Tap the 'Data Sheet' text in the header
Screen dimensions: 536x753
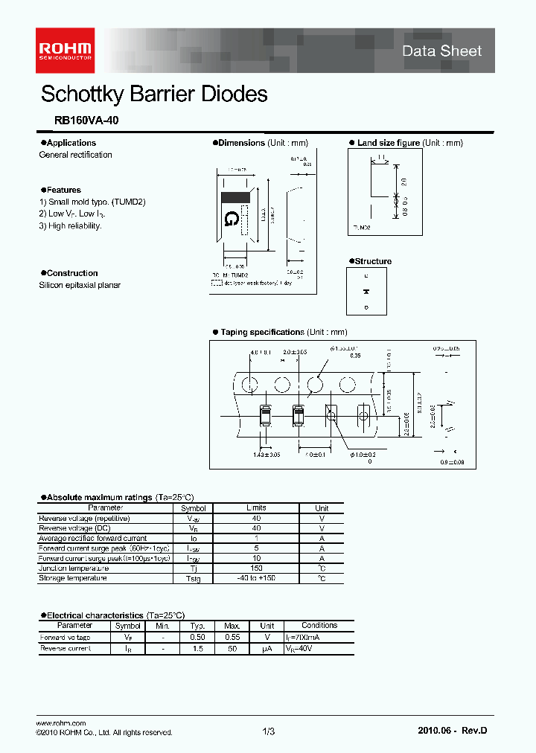(x=441, y=51)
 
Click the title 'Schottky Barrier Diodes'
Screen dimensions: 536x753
(x=154, y=94)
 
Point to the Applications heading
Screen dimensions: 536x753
(x=70, y=143)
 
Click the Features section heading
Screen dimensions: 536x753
(x=63, y=190)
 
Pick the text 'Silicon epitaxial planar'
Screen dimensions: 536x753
(x=80, y=285)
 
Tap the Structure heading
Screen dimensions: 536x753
(x=372, y=261)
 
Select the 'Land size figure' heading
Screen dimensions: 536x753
(x=388, y=143)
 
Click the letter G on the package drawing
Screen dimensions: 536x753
(x=232, y=218)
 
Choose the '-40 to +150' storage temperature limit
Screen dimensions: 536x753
(x=255, y=578)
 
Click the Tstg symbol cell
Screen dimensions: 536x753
(x=193, y=578)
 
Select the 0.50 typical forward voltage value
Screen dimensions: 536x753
(x=197, y=638)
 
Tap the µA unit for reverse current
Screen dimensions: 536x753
(x=267, y=649)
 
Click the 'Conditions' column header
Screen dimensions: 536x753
(x=319, y=626)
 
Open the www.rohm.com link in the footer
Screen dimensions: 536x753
(x=61, y=723)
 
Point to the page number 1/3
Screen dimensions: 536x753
(x=269, y=732)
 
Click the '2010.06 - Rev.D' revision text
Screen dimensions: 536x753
(x=452, y=731)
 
